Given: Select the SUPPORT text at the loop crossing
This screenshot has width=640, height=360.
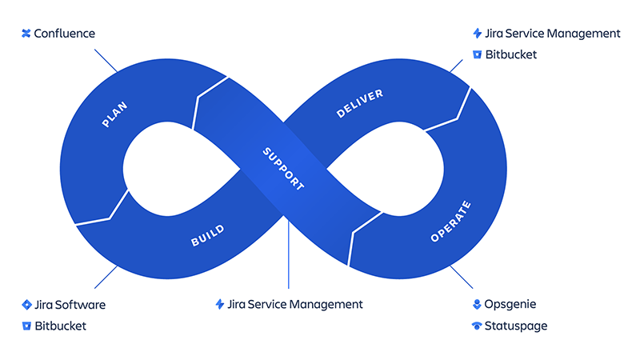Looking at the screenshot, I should click(x=284, y=168).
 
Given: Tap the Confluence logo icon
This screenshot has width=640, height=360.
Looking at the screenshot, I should click(x=26, y=34).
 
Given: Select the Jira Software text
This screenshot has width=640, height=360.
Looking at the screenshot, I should click(x=70, y=305).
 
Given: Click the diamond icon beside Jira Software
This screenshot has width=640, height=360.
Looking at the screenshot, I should click(x=26, y=305).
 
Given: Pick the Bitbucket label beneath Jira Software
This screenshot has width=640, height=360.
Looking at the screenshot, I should click(x=60, y=326).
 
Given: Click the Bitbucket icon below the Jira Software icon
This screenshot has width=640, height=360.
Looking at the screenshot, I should click(x=26, y=326).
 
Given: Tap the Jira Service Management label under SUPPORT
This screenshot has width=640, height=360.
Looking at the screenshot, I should click(x=295, y=304).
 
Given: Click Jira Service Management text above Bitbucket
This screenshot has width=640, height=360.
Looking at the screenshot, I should click(x=553, y=34).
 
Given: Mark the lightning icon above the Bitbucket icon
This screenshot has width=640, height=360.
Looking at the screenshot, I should click(x=478, y=34).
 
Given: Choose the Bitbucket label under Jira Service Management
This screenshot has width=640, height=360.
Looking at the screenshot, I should click(x=510, y=54).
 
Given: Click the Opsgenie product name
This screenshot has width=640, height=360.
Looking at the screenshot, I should click(x=510, y=305).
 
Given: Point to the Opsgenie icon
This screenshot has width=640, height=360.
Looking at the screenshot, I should click(x=478, y=305).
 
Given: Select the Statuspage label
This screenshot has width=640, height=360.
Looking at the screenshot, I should click(x=516, y=326).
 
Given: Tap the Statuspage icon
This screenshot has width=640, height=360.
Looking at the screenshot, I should click(x=478, y=326).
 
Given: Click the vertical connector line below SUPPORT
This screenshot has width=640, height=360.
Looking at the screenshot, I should click(x=288, y=256).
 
